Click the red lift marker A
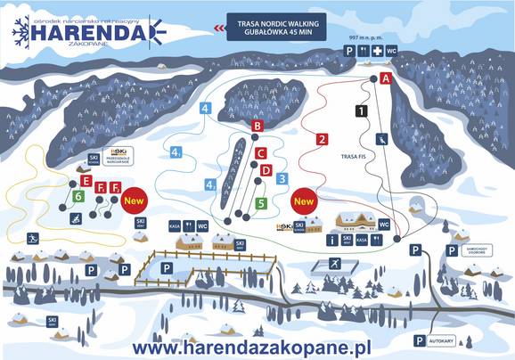pyautogui.click(x=386, y=78)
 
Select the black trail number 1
pyautogui.click(x=361, y=111)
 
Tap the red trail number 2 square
pyautogui.click(x=322, y=138)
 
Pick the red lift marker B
pyautogui.click(x=257, y=127)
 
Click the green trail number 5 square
pyautogui.click(x=261, y=203)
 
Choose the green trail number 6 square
pyautogui.click(x=79, y=196)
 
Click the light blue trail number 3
pyautogui.click(x=282, y=178)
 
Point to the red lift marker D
pyautogui.click(x=266, y=170)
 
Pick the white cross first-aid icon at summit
pyautogui.click(x=377, y=53)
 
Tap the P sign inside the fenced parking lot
pyautogui.click(x=166, y=266)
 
